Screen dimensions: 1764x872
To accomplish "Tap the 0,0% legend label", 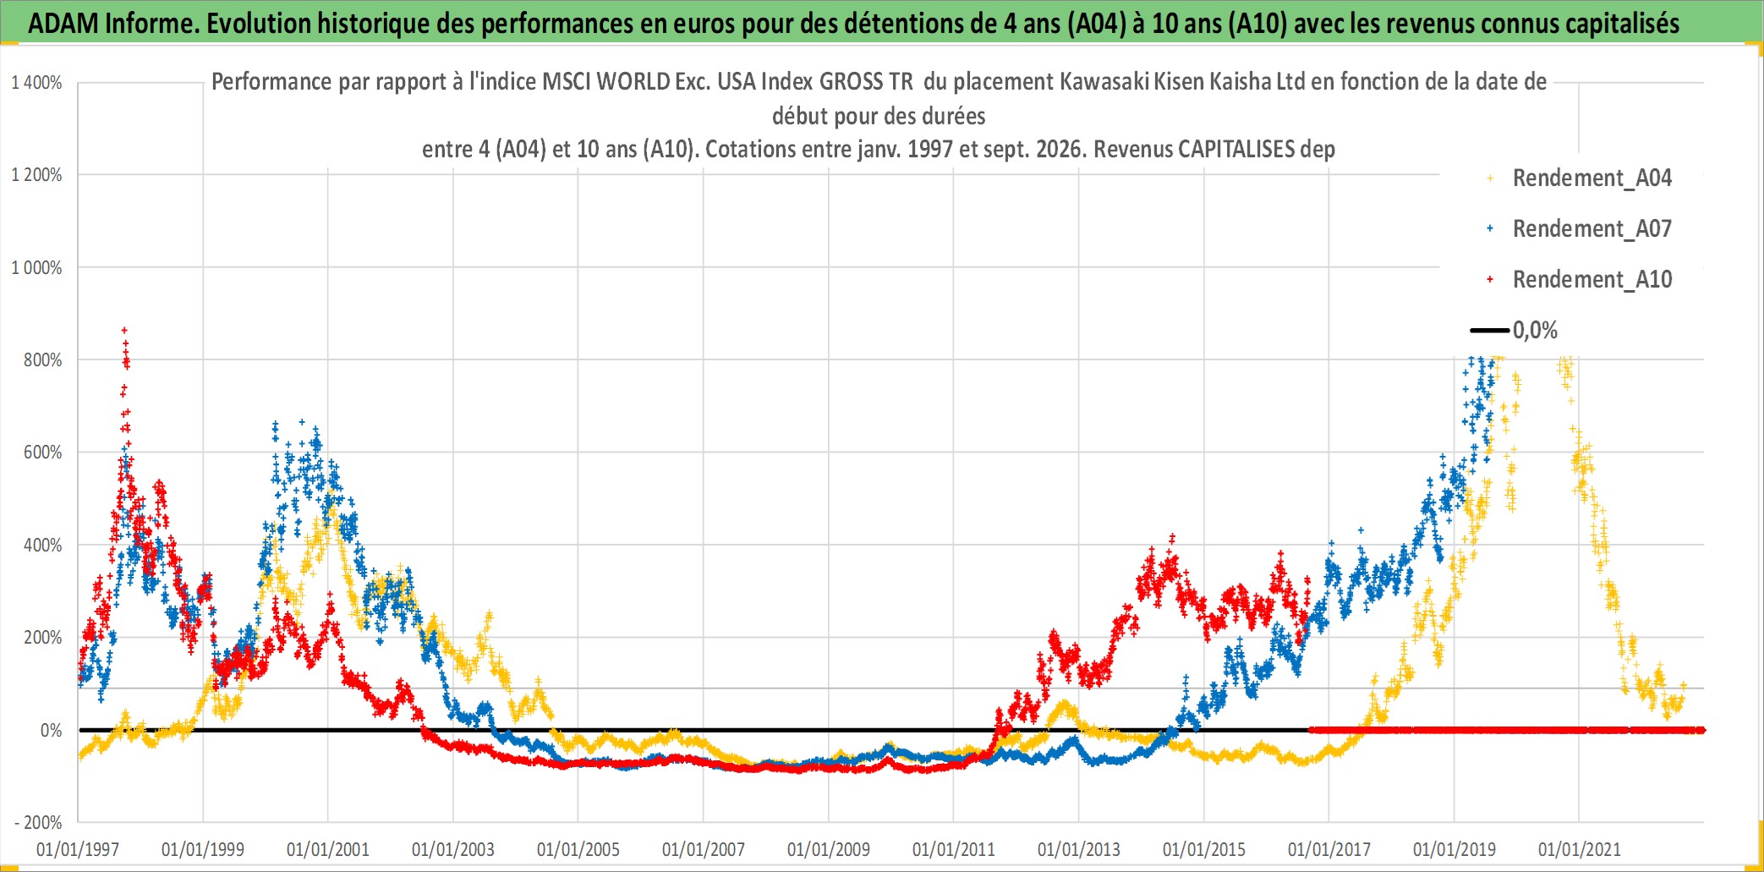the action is click(1535, 330).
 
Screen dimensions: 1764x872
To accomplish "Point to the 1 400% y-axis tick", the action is click(36, 83).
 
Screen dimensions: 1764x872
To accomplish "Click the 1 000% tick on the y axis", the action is click(36, 268).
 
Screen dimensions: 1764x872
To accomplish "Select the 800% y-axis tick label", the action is click(43, 360).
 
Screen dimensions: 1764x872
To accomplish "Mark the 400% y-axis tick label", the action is click(43, 546).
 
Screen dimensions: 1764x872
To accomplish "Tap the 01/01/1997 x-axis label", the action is click(78, 849).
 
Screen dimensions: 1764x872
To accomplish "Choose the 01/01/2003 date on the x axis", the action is click(453, 849).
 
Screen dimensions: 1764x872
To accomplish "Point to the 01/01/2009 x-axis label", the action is click(829, 849).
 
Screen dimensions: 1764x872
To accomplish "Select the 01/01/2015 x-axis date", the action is click(1204, 849).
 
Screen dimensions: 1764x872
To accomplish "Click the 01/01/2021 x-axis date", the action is click(1580, 849).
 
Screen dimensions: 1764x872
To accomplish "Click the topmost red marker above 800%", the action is click(124, 331).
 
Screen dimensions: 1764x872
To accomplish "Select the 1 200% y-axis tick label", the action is click(36, 175).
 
